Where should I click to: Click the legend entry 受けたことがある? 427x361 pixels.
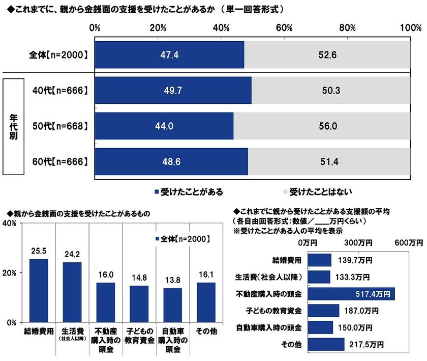tap(189, 192)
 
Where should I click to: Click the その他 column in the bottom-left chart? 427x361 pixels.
tap(206, 302)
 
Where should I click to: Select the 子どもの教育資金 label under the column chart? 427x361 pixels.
tap(139, 336)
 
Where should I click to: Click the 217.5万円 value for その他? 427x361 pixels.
tap(365, 345)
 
